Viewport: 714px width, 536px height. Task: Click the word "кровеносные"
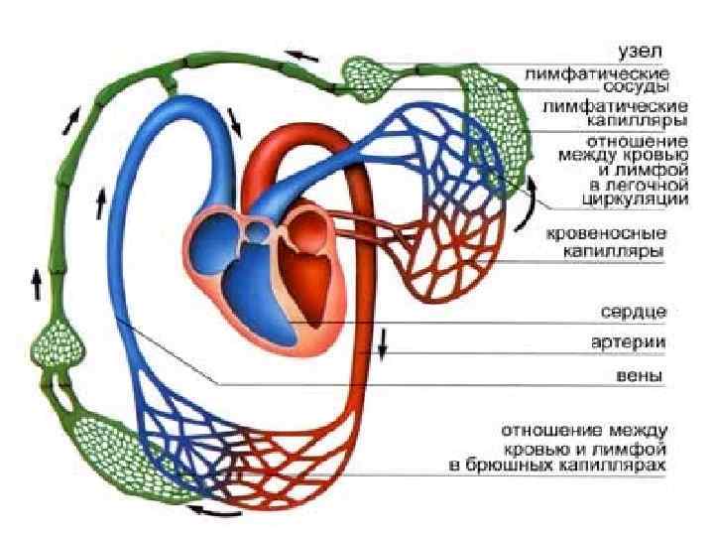click(608, 235)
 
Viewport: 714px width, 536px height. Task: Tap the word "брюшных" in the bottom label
click(549, 464)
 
